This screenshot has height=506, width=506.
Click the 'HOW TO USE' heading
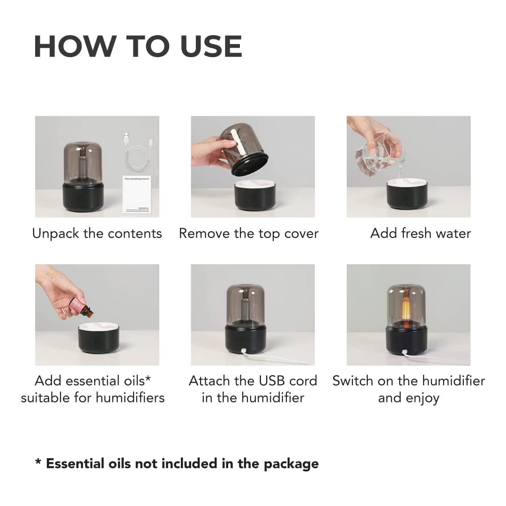[138, 46]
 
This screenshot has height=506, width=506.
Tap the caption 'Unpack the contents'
[97, 233]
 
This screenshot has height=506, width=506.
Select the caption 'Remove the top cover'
[249, 233]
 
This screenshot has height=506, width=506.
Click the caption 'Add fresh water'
[420, 233]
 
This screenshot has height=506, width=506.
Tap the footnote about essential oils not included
[177, 464]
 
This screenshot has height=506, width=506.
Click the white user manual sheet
[139, 194]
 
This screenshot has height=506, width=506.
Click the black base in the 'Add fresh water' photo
[407, 196]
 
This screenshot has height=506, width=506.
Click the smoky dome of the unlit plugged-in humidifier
[245, 305]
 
